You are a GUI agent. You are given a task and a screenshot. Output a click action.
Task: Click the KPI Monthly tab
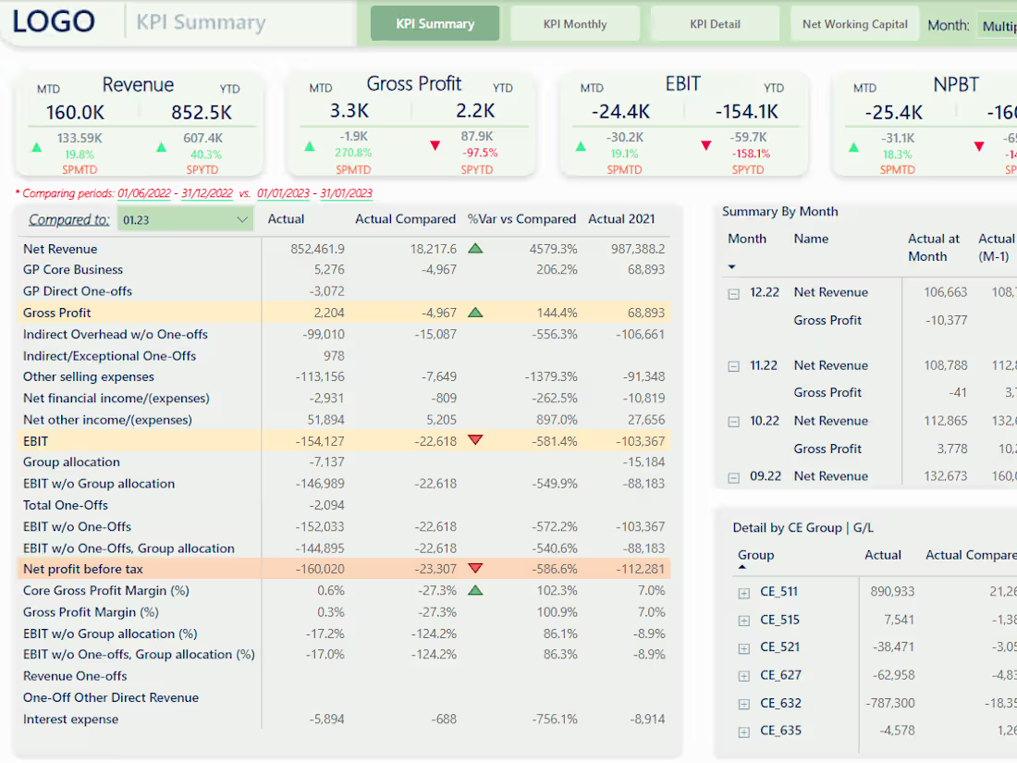tap(575, 24)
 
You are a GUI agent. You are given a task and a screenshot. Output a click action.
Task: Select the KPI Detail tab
tap(715, 24)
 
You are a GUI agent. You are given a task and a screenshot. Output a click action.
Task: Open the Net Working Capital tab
tap(854, 24)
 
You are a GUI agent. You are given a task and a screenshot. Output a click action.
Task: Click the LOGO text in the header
tap(54, 22)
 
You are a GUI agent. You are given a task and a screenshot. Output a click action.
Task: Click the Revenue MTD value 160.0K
tap(75, 112)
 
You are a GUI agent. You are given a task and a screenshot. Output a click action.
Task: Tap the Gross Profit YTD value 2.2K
tap(475, 111)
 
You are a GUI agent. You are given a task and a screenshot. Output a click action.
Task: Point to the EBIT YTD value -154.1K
tap(746, 112)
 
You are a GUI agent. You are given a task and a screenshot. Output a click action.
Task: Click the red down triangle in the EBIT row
tap(475, 440)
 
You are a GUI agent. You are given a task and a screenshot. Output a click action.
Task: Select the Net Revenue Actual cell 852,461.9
tap(316, 249)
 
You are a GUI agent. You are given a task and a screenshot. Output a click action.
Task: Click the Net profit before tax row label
tap(83, 569)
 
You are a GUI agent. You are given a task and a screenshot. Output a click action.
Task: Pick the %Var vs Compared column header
tap(521, 219)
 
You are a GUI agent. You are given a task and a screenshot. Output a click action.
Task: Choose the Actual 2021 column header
tap(621, 219)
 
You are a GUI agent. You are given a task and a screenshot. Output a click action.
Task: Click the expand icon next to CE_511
tap(743, 593)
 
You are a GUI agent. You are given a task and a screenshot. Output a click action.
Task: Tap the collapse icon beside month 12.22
tap(734, 293)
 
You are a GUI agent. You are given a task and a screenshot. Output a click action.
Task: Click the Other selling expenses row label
tap(89, 376)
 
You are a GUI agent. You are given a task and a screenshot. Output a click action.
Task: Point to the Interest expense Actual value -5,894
tap(325, 719)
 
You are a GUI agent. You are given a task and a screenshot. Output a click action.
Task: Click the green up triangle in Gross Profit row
tap(475, 313)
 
